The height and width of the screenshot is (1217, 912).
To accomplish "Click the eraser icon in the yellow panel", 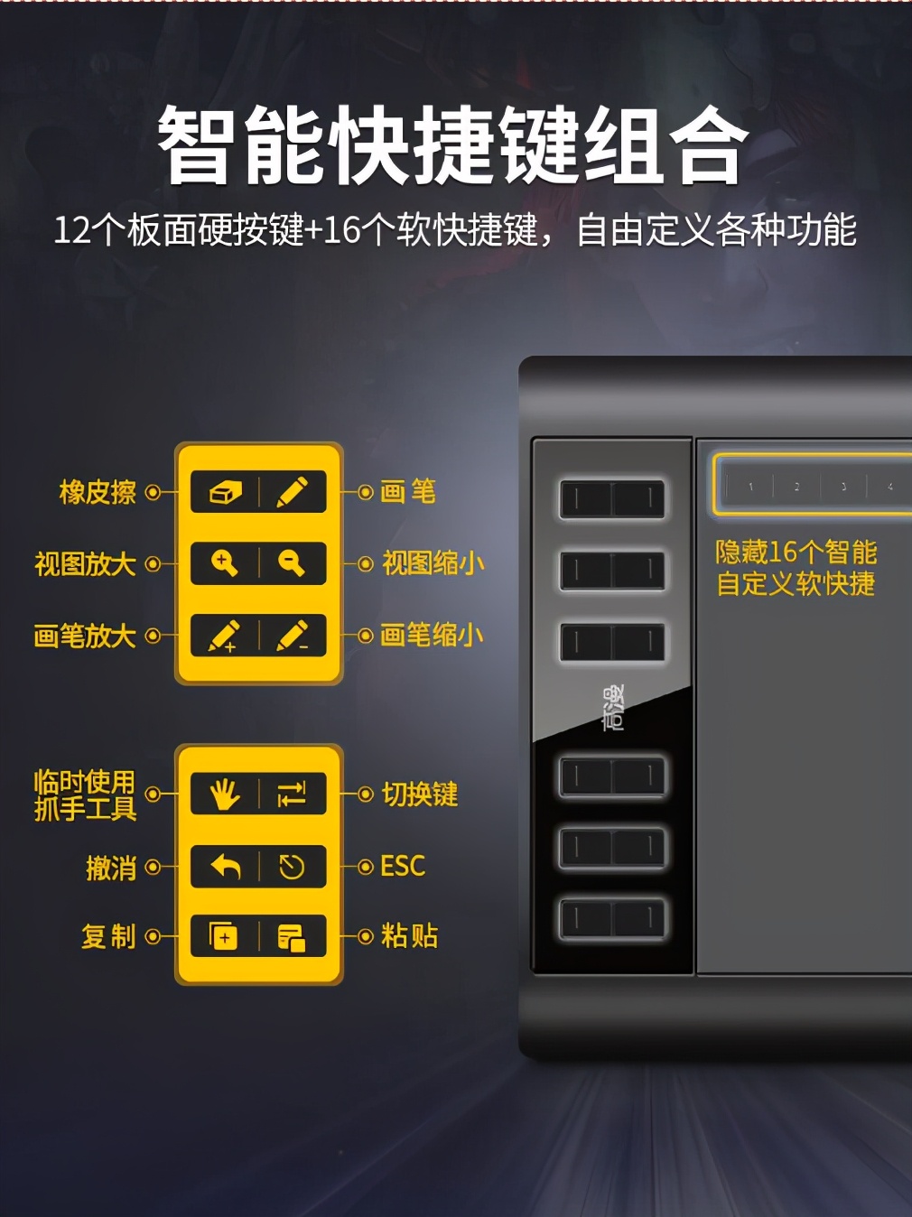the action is click(225, 492).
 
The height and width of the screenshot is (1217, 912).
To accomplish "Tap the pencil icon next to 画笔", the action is click(292, 491).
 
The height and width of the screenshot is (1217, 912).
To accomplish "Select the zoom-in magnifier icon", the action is click(225, 563).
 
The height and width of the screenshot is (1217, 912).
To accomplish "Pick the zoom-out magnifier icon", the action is click(291, 563).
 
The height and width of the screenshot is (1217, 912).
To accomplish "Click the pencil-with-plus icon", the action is click(224, 636).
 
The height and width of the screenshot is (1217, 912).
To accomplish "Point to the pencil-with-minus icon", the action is click(292, 636).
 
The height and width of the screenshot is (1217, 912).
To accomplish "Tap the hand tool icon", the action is click(225, 794).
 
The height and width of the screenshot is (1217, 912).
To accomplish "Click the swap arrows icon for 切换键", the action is click(291, 794).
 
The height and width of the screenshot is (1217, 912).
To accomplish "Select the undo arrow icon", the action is click(227, 867).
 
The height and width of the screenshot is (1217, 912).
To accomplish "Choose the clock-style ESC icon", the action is click(292, 867).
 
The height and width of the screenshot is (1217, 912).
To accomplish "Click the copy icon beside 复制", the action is click(223, 936).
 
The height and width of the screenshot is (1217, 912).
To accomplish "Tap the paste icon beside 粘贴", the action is click(292, 937).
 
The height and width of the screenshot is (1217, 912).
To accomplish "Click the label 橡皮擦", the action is click(98, 492).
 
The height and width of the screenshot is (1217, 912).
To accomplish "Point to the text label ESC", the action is click(403, 866).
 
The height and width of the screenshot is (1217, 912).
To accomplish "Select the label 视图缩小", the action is click(433, 563).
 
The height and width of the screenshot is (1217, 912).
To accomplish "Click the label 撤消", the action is click(111, 868).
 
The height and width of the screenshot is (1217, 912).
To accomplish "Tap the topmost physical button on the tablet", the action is click(612, 499).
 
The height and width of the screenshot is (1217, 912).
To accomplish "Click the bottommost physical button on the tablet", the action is click(612, 920).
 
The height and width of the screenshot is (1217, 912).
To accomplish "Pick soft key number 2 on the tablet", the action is click(796, 487).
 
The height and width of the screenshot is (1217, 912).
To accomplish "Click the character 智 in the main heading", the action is click(192, 145).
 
